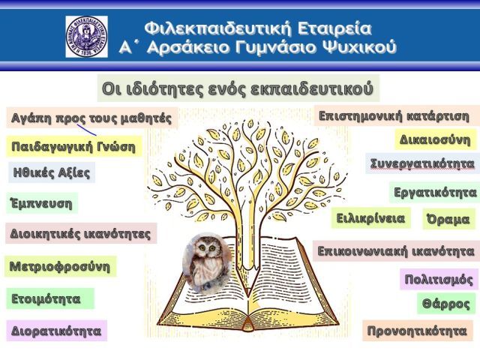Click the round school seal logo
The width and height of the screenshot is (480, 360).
(x=87, y=37)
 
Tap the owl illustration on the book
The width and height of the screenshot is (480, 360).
(x=208, y=263)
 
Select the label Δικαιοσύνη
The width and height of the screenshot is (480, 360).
(x=435, y=139)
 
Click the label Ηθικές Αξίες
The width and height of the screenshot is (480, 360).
(x=52, y=172)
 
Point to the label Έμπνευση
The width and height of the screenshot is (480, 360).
(x=42, y=203)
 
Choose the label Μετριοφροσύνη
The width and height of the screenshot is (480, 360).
(x=60, y=266)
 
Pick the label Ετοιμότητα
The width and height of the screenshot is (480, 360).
(x=50, y=298)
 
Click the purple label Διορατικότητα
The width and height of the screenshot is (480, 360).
(x=56, y=331)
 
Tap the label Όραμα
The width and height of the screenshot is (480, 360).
(x=448, y=219)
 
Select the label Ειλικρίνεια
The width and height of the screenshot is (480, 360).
(x=370, y=218)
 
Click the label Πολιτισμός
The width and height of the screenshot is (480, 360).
(x=439, y=279)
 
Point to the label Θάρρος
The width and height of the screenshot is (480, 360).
(x=446, y=304)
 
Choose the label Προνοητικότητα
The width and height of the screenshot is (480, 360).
(x=418, y=331)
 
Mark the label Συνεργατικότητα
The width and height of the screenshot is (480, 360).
(x=422, y=163)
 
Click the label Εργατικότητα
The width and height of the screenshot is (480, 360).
(x=435, y=193)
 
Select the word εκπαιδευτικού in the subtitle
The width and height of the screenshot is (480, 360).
(x=312, y=88)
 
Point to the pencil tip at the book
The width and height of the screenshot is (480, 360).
(x=248, y=294)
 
